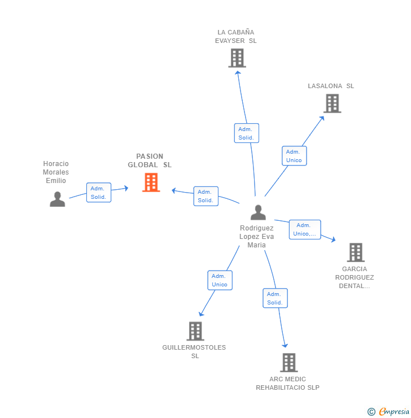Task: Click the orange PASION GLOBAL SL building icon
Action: click(x=151, y=182)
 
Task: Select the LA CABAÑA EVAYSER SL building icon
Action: click(x=237, y=58)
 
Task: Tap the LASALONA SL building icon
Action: click(x=332, y=103)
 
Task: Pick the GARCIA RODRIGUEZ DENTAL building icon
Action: click(x=355, y=252)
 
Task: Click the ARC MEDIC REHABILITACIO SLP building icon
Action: click(x=288, y=363)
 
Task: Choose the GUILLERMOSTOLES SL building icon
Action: click(x=195, y=331)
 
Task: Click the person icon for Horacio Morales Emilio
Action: click(x=57, y=199)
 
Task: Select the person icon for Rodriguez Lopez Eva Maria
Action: click(x=258, y=212)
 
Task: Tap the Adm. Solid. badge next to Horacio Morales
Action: click(x=99, y=193)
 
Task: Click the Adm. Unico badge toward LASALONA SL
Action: click(x=294, y=156)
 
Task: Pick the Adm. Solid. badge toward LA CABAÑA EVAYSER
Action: click(x=246, y=133)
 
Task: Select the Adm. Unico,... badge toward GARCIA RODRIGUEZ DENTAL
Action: click(x=305, y=229)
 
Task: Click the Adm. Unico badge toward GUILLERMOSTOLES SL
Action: click(x=220, y=280)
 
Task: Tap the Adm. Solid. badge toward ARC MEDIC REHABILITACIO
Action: click(x=275, y=298)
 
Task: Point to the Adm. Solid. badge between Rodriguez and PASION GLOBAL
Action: click(x=205, y=196)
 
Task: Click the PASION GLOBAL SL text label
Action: click(x=150, y=160)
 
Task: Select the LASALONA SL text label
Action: click(x=331, y=86)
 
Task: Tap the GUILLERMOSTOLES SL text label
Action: click(x=194, y=351)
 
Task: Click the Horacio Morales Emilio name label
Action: click(x=56, y=172)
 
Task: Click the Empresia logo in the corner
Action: click(x=389, y=412)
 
